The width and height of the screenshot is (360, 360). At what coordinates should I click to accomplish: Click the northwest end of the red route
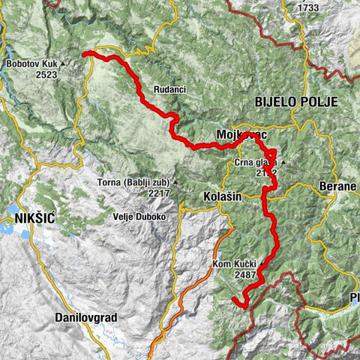coord(83,53)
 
